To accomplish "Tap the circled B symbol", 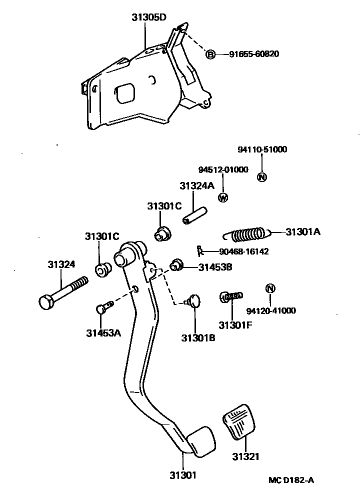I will pyautogui.click(x=210, y=54).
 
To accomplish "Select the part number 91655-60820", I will pyautogui.click(x=254, y=54).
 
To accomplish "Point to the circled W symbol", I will pyautogui.click(x=223, y=197).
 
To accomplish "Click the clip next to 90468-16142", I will pyautogui.click(x=199, y=250).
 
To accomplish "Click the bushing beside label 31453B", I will pyautogui.click(x=176, y=265).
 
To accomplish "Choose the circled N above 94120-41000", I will pyautogui.click(x=270, y=288).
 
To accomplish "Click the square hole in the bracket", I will pyautogui.click(x=125, y=93).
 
